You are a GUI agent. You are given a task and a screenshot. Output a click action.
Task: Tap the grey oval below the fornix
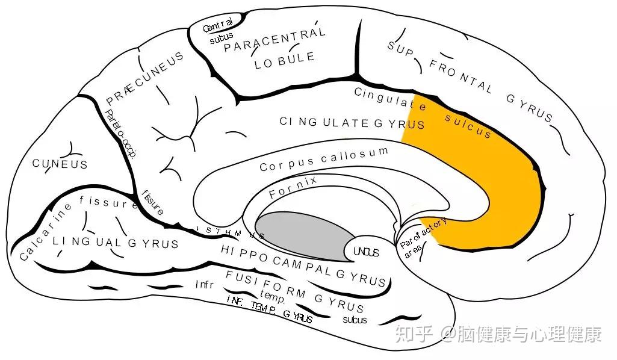click(301, 235)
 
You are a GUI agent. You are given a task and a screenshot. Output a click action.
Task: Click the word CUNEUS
click(60, 164)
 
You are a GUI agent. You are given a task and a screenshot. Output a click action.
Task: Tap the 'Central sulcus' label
click(219, 32)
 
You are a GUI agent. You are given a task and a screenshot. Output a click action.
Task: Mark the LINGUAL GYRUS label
click(115, 243)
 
